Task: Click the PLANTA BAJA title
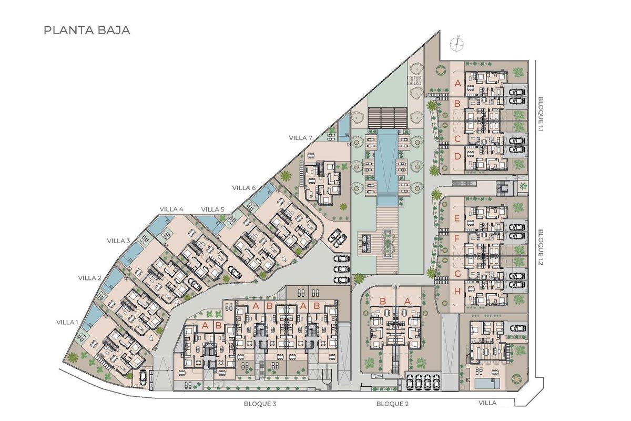87,30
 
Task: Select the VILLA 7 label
301,138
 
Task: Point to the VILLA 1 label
68,322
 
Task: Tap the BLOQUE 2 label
392,404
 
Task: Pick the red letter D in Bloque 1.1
457,156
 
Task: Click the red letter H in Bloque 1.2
457,291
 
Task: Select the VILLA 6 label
244,188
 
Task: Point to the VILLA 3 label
118,240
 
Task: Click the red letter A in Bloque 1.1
457,83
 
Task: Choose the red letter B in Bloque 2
383,302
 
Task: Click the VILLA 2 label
90,278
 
